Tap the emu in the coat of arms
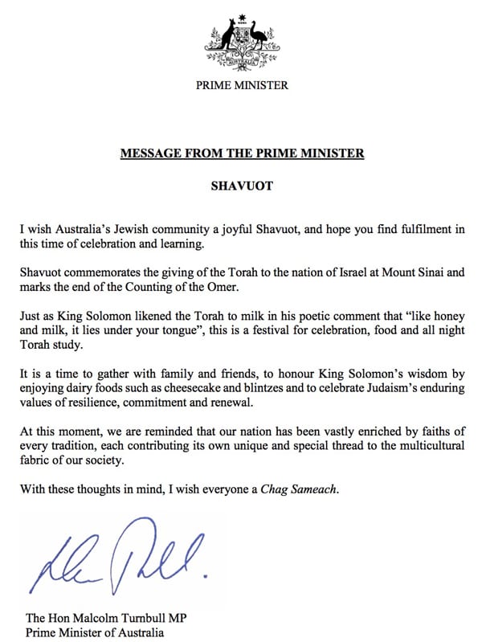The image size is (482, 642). point(259,36)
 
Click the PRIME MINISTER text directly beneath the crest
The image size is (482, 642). point(242,85)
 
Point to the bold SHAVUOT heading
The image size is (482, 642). point(242,186)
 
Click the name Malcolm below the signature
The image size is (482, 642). point(100,617)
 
